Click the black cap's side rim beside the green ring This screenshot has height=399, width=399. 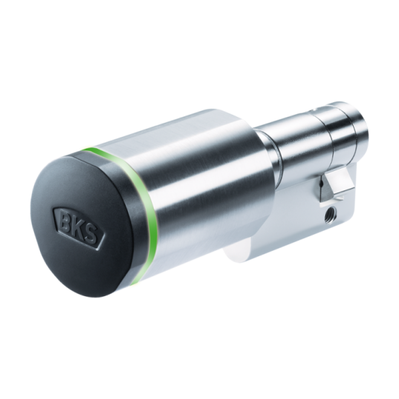coord(135,230)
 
